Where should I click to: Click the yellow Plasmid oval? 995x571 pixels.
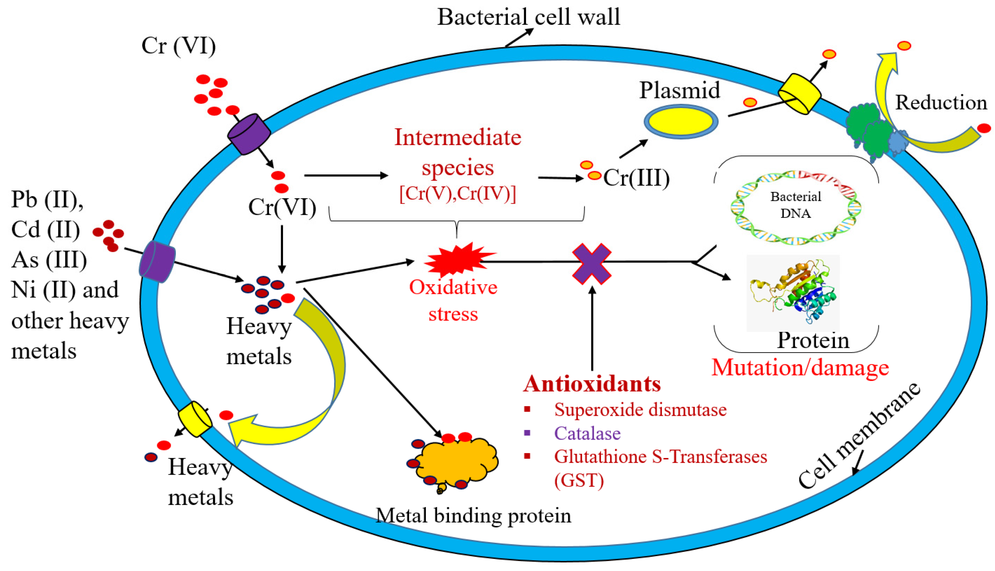click(681, 121)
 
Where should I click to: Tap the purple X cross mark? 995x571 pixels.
click(592, 263)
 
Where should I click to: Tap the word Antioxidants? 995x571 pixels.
click(592, 384)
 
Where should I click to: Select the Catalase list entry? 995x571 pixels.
click(587, 433)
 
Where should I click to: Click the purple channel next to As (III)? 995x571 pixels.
click(157, 262)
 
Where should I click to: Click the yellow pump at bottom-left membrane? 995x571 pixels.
click(195, 419)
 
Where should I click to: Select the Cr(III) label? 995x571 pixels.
click(636, 178)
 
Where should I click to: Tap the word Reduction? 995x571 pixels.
click(940, 103)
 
